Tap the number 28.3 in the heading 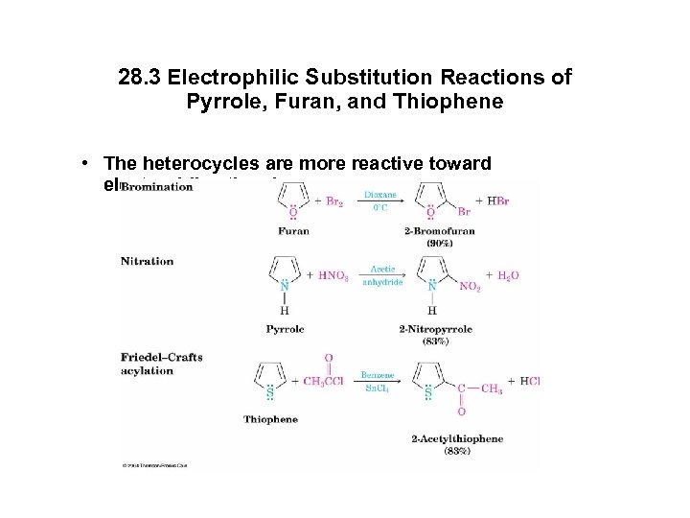pos(140,76)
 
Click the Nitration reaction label pos(148,261)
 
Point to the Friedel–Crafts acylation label pos(162,364)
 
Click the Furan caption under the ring pos(293,231)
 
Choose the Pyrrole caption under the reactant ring pos(286,328)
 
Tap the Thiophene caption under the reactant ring pos(270,419)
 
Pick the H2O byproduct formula pos(505,275)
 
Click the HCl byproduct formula pos(529,381)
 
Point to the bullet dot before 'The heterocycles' pos(85,164)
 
